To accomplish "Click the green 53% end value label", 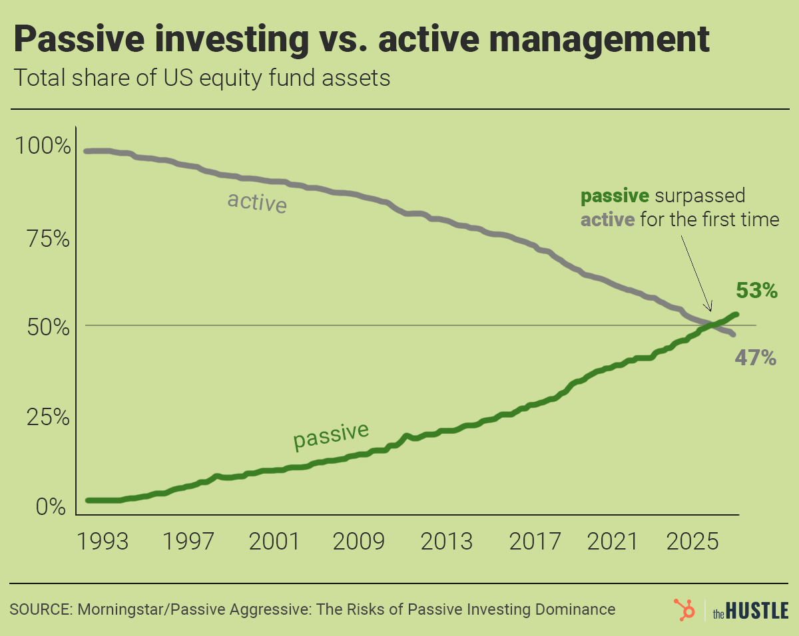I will (x=756, y=291).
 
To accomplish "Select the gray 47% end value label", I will (x=756, y=358).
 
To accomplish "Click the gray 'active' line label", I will (x=257, y=202).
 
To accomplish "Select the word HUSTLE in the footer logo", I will (x=759, y=609).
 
